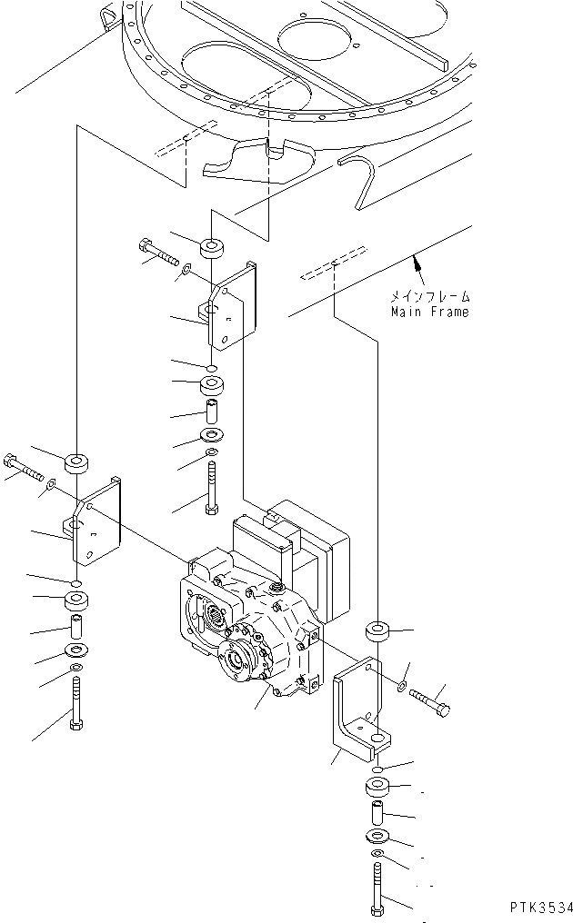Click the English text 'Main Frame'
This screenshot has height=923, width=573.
point(430,313)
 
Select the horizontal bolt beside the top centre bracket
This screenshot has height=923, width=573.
point(158,252)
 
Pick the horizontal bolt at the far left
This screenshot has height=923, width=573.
point(24,467)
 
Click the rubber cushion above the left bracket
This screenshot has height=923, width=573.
point(76,464)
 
